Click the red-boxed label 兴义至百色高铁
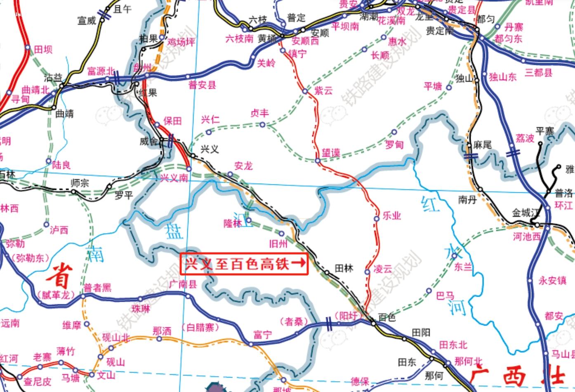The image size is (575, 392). pos(244,264)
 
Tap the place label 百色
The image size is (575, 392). pos(386,317)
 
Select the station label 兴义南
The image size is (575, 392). pos(174,178)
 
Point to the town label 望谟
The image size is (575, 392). pos(331,153)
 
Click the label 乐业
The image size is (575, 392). pos(392,215)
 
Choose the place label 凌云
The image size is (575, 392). pos(382,269)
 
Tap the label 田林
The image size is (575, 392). pos(344,268)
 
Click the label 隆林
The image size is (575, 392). pos(233,223)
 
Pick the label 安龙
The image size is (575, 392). pos(243,166)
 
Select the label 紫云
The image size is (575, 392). pos(323,90)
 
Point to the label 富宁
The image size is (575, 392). pos(262,335)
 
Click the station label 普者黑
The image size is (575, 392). pos(97,288)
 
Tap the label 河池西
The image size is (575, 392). pos(527,237)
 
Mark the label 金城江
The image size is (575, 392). pos(526,213)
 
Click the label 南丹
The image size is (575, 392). pos(467,200)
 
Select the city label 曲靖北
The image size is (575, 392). pos(35,90)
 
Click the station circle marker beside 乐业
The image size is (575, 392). pos(377,219)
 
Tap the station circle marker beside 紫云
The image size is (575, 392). pos(305,91)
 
